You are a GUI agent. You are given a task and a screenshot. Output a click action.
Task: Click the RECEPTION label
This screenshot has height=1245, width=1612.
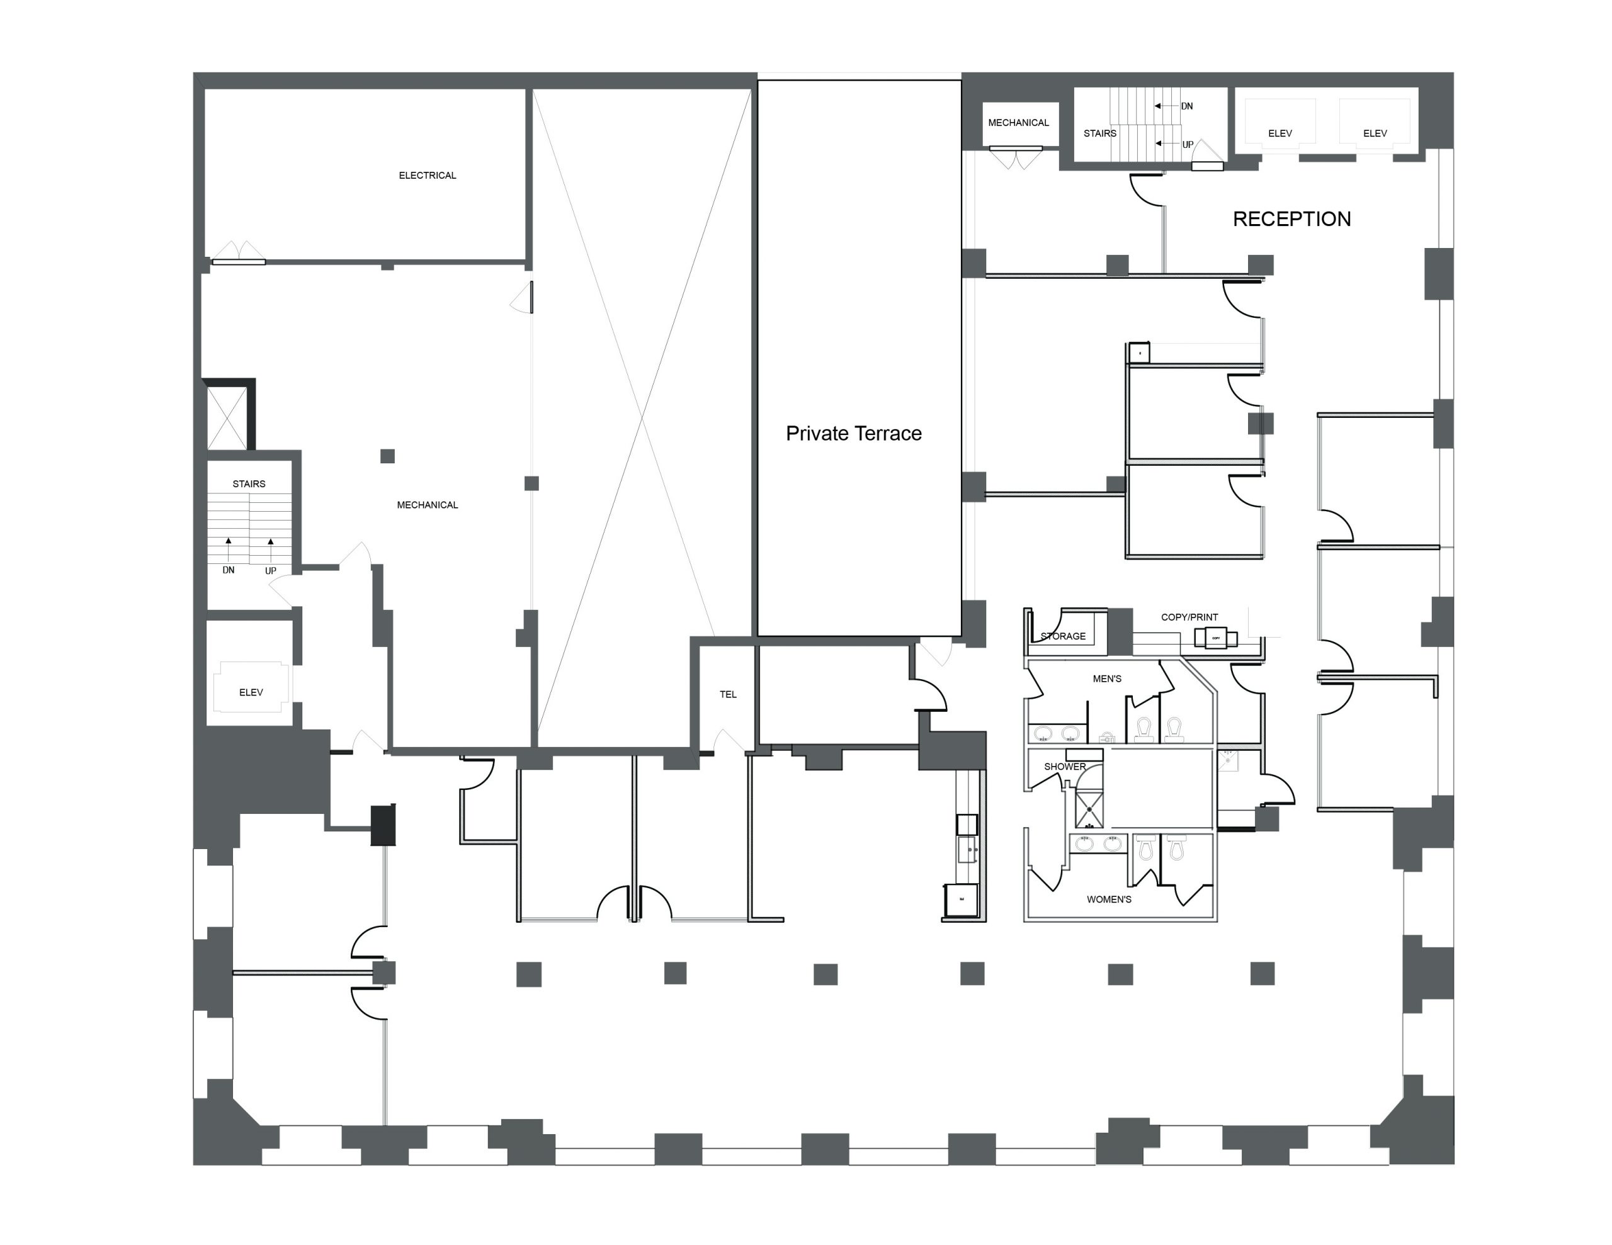(x=1291, y=218)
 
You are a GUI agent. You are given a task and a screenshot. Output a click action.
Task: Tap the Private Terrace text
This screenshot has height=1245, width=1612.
(x=853, y=433)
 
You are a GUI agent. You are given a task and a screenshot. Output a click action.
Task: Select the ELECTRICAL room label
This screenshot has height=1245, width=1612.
(x=428, y=176)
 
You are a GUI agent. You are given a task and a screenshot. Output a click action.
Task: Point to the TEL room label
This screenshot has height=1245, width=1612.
(x=728, y=694)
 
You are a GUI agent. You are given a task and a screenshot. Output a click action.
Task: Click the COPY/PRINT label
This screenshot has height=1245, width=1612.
(x=1189, y=617)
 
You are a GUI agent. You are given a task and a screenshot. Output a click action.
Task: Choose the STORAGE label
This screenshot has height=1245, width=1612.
(x=1063, y=636)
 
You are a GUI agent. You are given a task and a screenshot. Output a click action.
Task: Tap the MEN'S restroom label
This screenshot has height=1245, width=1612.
(x=1106, y=679)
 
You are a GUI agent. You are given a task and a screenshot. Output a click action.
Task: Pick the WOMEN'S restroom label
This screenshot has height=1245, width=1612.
(x=1109, y=899)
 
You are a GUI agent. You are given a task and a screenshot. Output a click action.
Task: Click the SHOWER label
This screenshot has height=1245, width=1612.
(x=1064, y=767)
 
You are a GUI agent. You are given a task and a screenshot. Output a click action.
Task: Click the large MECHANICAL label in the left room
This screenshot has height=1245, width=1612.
(x=428, y=505)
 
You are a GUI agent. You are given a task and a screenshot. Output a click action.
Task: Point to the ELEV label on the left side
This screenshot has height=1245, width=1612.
(x=251, y=692)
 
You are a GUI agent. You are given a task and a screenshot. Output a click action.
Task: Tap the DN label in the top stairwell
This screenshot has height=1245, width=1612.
(x=1187, y=106)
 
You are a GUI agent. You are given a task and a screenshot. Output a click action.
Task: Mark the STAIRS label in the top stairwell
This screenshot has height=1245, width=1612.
(x=1099, y=133)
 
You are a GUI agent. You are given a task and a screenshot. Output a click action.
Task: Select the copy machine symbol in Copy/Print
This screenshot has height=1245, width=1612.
(x=1216, y=638)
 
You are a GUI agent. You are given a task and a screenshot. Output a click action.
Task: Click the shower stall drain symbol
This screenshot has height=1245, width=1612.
(x=1089, y=809)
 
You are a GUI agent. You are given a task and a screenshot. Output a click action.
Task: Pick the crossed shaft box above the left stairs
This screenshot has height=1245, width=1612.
(x=227, y=418)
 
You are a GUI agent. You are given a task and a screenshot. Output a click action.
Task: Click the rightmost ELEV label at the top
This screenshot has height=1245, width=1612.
(x=1375, y=133)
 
